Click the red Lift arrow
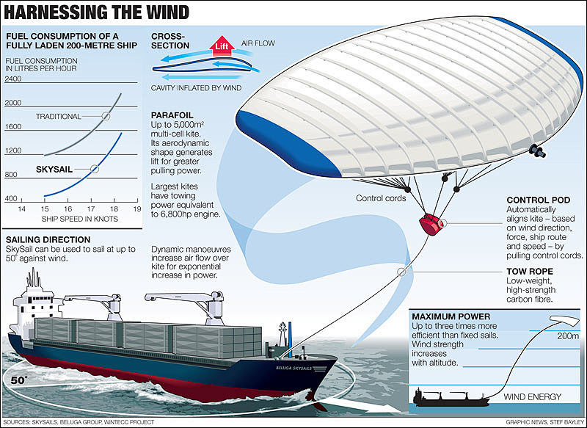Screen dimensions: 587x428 (222, 46)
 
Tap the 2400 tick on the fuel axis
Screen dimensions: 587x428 (13, 79)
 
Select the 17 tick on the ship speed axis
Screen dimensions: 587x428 (91, 209)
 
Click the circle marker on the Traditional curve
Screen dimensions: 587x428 (106, 116)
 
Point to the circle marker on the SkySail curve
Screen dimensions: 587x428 (95, 169)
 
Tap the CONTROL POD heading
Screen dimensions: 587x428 (539, 200)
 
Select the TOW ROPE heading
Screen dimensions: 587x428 (530, 272)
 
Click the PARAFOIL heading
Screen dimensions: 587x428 (172, 115)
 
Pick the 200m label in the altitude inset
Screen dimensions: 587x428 (568, 336)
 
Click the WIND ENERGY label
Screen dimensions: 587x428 (533, 397)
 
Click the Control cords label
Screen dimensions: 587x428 (381, 198)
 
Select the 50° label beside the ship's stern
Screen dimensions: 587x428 (19, 380)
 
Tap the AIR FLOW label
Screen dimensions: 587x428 (258, 43)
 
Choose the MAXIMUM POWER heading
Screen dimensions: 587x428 (451, 316)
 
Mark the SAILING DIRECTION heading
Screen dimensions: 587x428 (48, 239)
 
